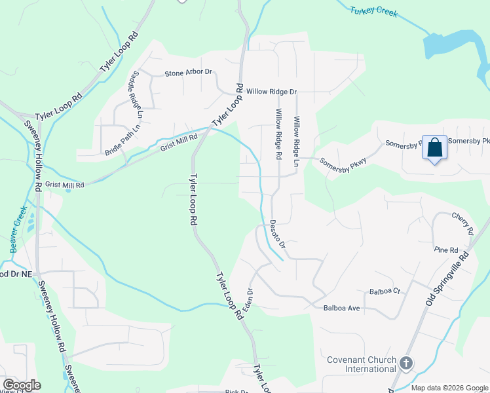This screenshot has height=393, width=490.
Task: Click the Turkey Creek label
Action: point(373,12)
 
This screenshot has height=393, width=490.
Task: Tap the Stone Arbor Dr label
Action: point(189,73)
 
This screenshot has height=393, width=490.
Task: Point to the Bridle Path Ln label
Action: point(122,140)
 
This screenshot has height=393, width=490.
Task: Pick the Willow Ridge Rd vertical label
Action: point(278,135)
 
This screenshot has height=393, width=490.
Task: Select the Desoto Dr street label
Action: point(278,234)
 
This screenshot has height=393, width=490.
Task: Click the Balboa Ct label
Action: point(385,291)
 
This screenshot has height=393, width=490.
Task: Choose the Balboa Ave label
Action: point(341,308)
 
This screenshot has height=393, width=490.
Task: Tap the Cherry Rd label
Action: point(462,223)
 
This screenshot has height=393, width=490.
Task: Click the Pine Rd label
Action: point(445,250)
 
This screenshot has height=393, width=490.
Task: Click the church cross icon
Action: point(405,362)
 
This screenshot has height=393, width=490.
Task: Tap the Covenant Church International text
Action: point(362,365)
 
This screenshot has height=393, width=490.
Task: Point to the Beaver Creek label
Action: point(18,229)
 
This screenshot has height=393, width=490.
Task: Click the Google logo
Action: point(22,385)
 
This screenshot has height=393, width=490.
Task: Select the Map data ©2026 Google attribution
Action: point(449,388)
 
